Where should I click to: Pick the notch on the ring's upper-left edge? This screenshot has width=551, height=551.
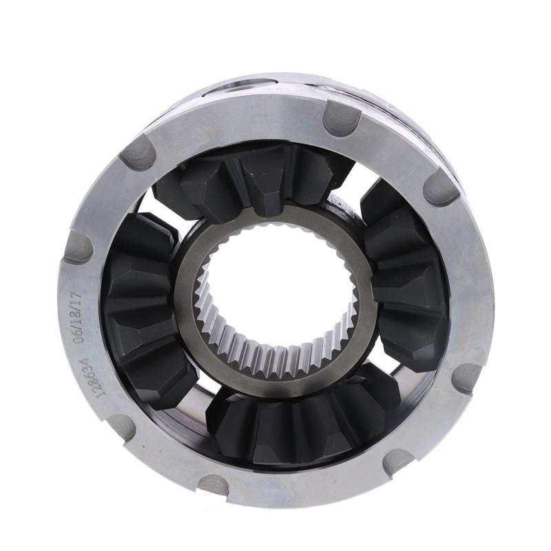pos(138,152)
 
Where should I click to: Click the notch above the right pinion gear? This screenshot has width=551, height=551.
pos(441,187)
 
